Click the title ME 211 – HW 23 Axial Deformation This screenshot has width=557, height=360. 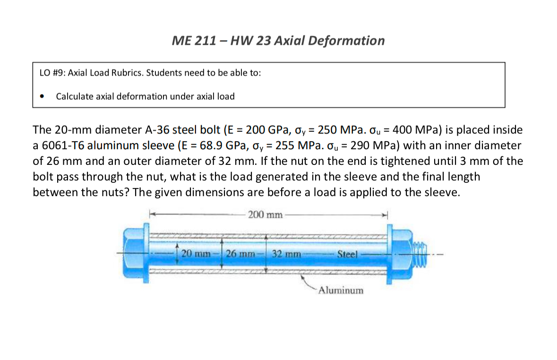point(278,41)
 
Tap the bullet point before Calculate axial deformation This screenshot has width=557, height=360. point(43,97)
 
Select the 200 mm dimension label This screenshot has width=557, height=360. point(265,215)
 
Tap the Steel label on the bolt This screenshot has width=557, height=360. point(349,254)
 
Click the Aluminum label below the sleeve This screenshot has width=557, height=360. point(341,290)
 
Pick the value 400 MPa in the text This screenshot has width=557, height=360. point(415,129)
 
